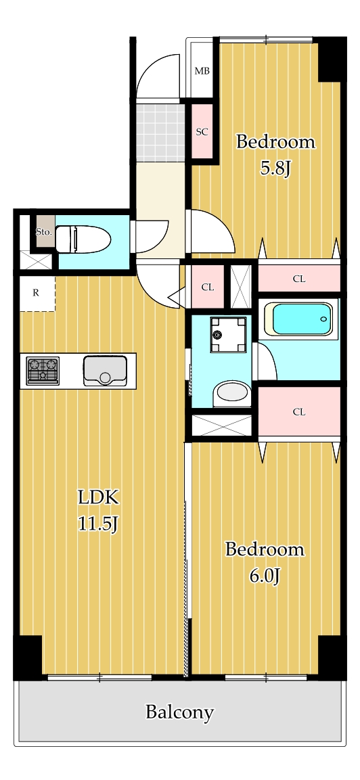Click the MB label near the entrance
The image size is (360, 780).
202,71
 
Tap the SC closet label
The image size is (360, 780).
202,132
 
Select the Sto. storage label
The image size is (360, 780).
43,231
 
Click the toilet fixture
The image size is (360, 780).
83,239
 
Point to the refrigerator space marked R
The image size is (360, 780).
37,293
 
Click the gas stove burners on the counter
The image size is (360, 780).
43,371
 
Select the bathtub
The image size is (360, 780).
298,319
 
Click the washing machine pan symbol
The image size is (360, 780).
228,334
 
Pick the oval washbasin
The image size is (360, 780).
232,392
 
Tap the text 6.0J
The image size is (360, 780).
265,576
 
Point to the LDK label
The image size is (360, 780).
97,497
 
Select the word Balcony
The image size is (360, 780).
179,712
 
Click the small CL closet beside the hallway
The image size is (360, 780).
208,287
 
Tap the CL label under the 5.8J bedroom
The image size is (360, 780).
298,279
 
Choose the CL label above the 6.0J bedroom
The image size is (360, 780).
298,412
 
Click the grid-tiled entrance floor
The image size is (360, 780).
160,133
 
